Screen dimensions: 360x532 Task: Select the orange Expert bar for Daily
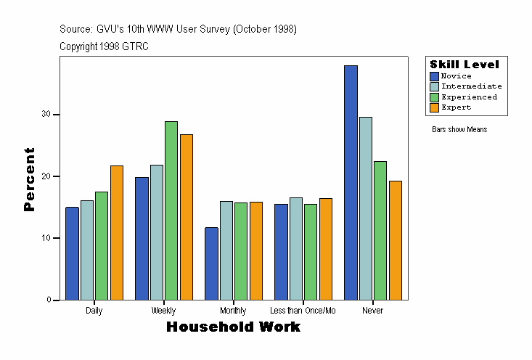click(117, 233)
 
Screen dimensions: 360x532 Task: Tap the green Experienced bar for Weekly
click(171, 210)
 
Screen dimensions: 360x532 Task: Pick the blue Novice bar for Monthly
click(211, 263)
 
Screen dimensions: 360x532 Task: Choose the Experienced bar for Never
click(380, 231)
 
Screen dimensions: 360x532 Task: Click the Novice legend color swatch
click(434, 76)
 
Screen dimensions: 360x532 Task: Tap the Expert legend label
click(456, 107)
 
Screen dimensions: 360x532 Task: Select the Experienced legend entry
click(469, 97)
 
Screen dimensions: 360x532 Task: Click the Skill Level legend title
click(465, 65)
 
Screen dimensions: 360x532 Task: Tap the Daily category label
click(94, 311)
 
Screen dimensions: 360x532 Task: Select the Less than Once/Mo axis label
click(303, 311)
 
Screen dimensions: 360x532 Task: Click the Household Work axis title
click(233, 327)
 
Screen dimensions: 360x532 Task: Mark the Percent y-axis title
click(30, 179)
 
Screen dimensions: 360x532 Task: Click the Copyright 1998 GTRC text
click(104, 46)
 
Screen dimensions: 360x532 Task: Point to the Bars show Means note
click(459, 130)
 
